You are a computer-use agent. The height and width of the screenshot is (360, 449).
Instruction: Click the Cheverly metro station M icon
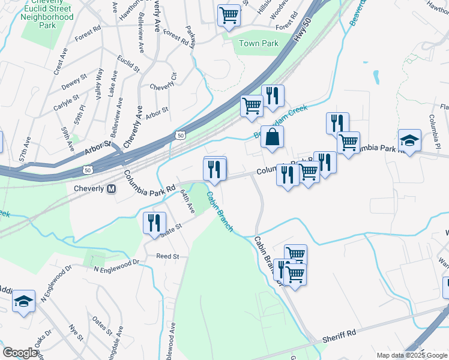tap(111, 189)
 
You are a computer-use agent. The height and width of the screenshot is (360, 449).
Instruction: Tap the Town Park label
tap(259, 44)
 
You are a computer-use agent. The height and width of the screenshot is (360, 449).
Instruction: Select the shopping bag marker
tap(273, 136)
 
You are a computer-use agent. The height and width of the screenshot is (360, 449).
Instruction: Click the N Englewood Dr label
tap(116, 263)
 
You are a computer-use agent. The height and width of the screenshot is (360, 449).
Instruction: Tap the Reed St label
tap(167, 256)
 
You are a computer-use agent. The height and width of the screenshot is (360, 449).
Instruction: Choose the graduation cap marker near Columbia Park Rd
tap(409, 141)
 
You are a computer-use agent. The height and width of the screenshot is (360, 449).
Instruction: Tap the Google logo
tap(20, 352)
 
